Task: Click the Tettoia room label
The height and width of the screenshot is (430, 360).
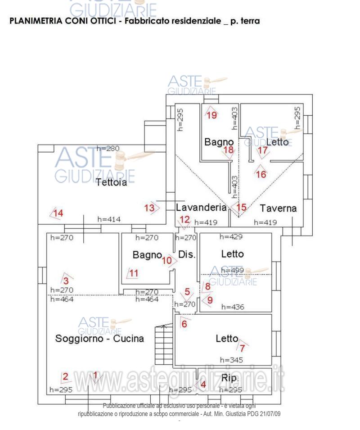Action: point(111,182)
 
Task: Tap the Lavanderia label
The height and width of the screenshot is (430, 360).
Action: point(201,208)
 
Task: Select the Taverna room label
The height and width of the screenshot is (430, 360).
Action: point(278,208)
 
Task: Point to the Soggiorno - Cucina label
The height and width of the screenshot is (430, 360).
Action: point(99,339)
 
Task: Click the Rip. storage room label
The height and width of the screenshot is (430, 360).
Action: point(230,377)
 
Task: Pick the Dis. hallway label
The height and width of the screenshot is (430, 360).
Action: point(187,254)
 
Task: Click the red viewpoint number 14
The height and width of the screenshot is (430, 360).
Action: point(58,213)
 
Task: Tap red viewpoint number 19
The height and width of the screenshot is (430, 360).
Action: point(211,115)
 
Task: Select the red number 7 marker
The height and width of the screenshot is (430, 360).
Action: point(242,348)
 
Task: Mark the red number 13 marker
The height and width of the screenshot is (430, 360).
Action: point(149,208)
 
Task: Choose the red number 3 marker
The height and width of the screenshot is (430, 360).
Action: point(66,280)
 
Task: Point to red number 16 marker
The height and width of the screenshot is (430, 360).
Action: point(261,174)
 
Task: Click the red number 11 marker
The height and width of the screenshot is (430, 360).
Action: point(134,273)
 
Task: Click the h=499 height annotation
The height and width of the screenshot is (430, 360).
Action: point(232,271)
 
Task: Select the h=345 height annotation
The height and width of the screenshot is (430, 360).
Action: point(232,360)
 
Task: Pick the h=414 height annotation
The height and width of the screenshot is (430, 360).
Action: point(109,219)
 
